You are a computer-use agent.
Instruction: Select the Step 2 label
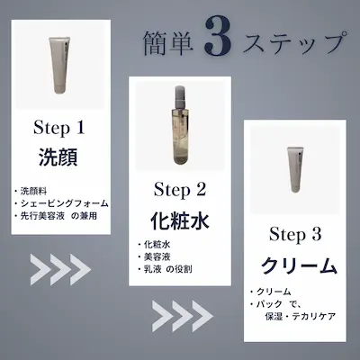click(x=180, y=189)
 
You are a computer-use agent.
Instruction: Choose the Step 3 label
click(x=295, y=236)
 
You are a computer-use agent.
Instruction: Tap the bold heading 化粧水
click(x=180, y=221)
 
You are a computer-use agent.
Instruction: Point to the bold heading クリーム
click(x=295, y=266)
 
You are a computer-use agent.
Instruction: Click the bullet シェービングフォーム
click(x=68, y=203)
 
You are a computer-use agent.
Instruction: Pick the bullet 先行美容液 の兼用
click(x=67, y=217)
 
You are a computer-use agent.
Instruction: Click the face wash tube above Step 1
click(x=62, y=66)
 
